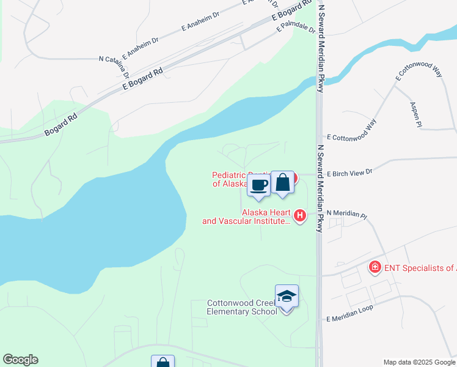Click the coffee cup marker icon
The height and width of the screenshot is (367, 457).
(x=259, y=185)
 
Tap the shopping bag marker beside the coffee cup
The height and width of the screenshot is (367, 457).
(x=282, y=182)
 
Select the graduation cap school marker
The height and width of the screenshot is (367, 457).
(x=287, y=297)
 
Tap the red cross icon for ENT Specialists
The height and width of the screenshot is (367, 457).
(x=373, y=267)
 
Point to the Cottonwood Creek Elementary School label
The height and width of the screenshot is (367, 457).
(x=242, y=306)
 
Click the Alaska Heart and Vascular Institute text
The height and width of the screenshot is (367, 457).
(x=247, y=217)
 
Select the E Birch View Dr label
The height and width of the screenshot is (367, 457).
(x=349, y=173)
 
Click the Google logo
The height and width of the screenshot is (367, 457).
(x=20, y=360)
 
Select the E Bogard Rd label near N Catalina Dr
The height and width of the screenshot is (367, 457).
(x=142, y=80)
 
